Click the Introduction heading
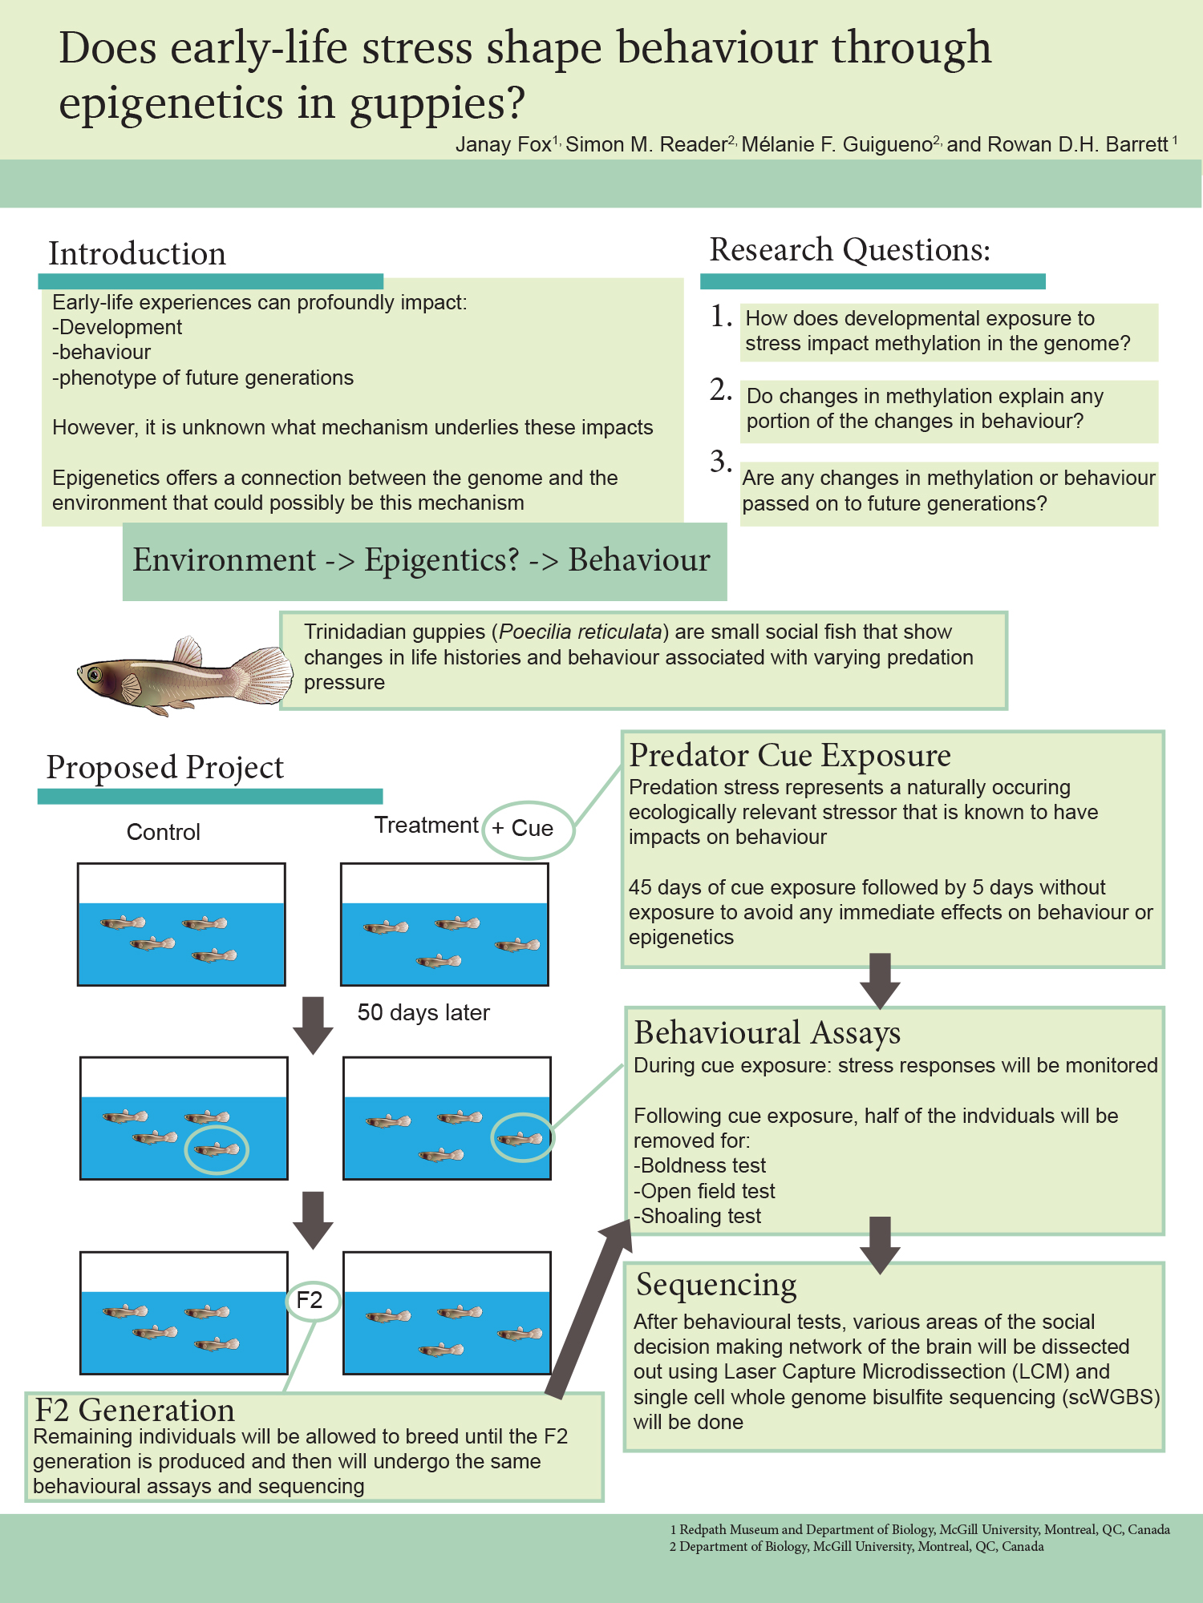click(137, 253)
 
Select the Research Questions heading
click(849, 250)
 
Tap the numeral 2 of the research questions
click(720, 390)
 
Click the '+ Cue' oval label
click(529, 829)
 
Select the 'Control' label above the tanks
click(164, 832)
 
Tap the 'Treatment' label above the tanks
click(426, 825)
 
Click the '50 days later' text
click(423, 1012)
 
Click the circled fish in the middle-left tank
click(217, 1149)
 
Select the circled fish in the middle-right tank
click(521, 1137)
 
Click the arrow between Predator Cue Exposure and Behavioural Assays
click(880, 980)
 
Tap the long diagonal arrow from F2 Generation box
click(589, 1306)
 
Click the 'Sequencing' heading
click(716, 1284)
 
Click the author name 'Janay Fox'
click(503, 144)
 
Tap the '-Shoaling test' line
click(698, 1216)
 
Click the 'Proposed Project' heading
click(165, 767)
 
